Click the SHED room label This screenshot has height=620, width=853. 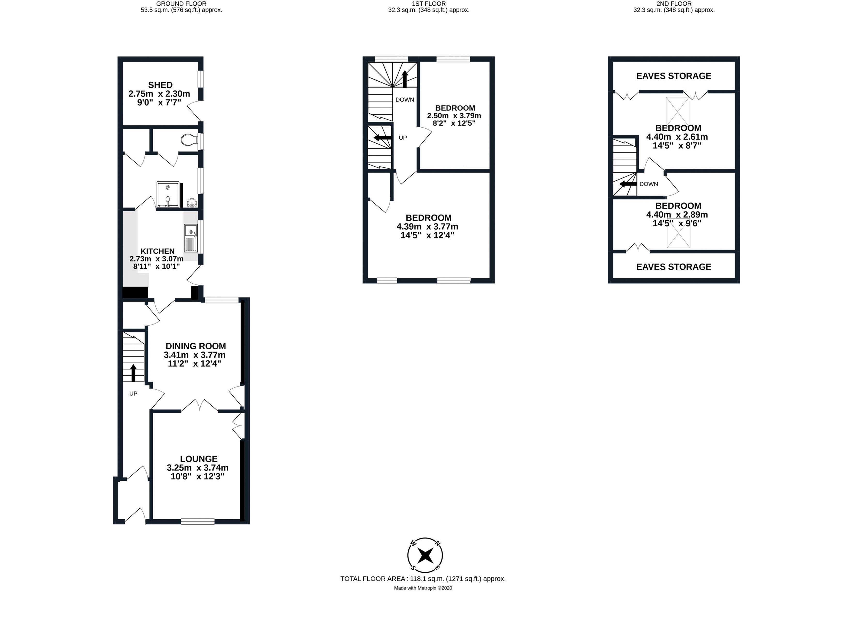160,85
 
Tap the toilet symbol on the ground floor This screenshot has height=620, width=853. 189,141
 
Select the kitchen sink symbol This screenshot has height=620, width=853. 191,238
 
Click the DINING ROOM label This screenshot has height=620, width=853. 196,346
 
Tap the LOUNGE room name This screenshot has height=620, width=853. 199,459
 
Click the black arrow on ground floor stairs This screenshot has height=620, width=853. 133,373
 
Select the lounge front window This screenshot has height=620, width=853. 197,522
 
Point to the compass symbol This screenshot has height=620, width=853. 425,555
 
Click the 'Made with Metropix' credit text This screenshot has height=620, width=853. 423,588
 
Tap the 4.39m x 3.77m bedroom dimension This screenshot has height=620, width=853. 427,227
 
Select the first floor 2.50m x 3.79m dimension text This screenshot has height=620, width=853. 454,116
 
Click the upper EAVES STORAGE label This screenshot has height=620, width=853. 674,76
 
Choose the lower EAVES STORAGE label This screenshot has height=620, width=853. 674,267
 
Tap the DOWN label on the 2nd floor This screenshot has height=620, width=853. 648,184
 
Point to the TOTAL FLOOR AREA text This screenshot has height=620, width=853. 423,579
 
